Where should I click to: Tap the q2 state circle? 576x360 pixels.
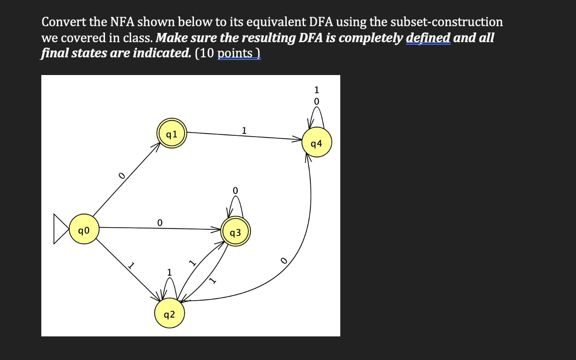169,314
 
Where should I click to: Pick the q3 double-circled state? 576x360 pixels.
236,232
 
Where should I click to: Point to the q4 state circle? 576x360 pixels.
317,143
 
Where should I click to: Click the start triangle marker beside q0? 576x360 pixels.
60,229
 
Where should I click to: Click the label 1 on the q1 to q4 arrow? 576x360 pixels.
244,130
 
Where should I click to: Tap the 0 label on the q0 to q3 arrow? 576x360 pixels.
159,222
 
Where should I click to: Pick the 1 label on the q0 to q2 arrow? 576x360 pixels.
131,266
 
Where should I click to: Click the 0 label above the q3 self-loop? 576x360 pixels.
235,191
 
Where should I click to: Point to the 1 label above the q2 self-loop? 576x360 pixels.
170,273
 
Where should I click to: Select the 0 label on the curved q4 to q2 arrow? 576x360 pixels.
284,262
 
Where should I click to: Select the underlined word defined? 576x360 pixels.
428,38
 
